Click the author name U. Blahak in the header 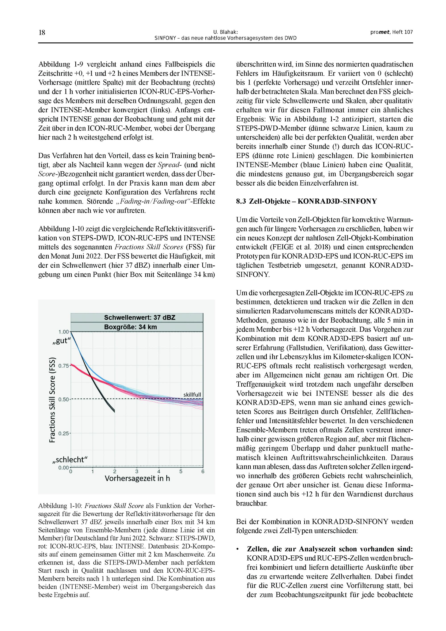pyautogui.click(x=225, y=32)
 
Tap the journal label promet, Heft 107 pyautogui.click(x=391, y=32)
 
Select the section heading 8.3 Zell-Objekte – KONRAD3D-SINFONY pyautogui.click(x=306, y=202)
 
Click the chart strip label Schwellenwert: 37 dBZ pyautogui.click(x=140, y=318)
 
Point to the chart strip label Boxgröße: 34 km pyautogui.click(x=130, y=327)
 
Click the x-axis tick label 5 pyautogui.click(x=181, y=472)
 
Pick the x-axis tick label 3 pyautogui.click(x=137, y=472)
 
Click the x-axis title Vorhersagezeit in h pyautogui.click(x=137, y=479)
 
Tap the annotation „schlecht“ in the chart pyautogui.click(x=70, y=460)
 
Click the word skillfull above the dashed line pyautogui.click(x=192, y=395)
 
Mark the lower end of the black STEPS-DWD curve pyautogui.click(x=114, y=411)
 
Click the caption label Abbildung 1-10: pyautogui.click(x=60, y=506)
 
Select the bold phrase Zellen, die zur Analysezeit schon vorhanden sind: pyautogui.click(x=330, y=549)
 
